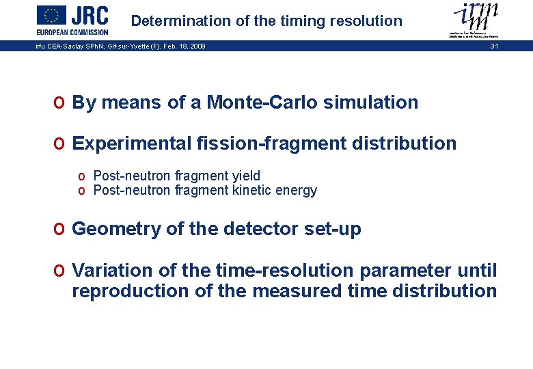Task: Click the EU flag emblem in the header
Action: click(51, 15)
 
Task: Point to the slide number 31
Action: click(494, 46)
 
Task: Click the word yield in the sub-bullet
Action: click(247, 176)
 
